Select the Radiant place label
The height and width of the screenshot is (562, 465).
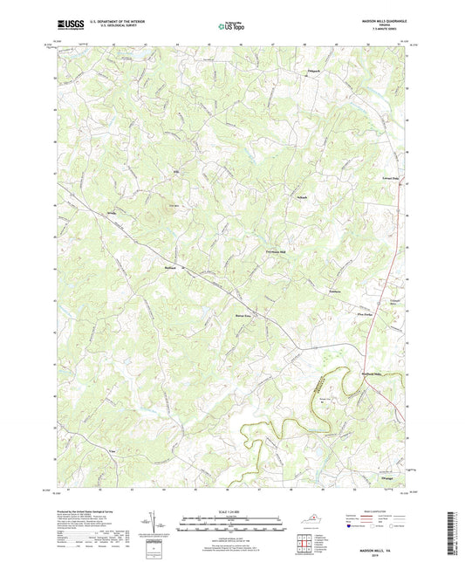pos(171,266)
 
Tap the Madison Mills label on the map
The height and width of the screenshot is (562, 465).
pos(373,348)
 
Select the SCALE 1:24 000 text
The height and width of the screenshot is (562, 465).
pos(231,510)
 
